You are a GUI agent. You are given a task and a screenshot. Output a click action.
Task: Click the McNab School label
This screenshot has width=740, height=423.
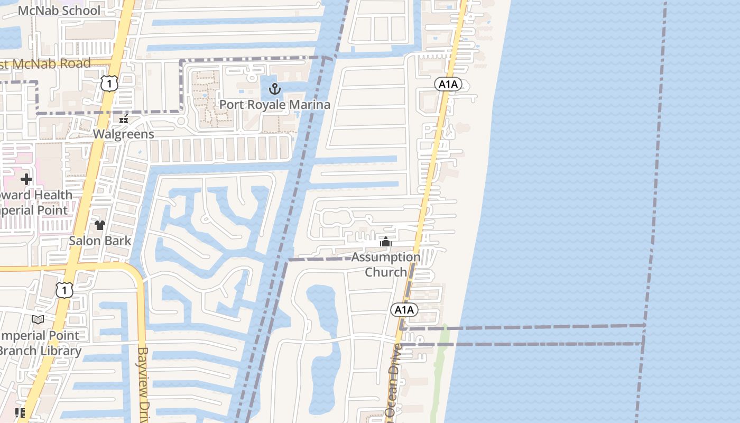pyautogui.click(x=59, y=11)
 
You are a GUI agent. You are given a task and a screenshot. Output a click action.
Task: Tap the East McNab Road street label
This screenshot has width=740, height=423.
pyautogui.click(x=45, y=64)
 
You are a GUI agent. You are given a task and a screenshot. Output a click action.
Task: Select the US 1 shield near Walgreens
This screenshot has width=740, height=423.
pyautogui.click(x=109, y=83)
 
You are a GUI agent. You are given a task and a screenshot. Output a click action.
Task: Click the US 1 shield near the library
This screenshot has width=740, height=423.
pyautogui.click(x=64, y=290)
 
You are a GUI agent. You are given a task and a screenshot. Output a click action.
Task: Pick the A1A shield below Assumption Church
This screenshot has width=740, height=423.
pyautogui.click(x=404, y=310)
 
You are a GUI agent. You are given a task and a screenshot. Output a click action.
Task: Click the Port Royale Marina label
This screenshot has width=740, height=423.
pyautogui.click(x=274, y=105)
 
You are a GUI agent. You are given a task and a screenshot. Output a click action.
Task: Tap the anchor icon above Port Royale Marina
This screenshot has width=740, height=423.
pyautogui.click(x=274, y=88)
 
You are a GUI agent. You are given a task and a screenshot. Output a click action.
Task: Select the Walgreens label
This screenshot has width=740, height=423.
pyautogui.click(x=124, y=134)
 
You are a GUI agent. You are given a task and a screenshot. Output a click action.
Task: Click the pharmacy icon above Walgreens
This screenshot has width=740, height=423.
pyautogui.click(x=124, y=119)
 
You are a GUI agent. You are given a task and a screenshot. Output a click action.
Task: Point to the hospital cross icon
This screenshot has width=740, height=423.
pyautogui.click(x=26, y=179)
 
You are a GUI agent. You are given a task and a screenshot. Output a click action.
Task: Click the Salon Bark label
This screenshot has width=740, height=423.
pyautogui.click(x=100, y=241)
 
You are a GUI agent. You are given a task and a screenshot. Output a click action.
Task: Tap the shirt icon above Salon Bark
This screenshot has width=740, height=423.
pyautogui.click(x=100, y=226)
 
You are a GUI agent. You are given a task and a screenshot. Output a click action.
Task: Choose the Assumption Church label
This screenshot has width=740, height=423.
pyautogui.click(x=386, y=264)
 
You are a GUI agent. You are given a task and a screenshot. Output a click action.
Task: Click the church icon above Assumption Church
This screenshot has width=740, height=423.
pyautogui.click(x=386, y=243)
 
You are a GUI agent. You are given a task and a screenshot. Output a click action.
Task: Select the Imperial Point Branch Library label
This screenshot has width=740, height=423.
pyautogui.click(x=40, y=343)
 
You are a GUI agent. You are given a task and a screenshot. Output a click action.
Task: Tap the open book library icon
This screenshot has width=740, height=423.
pyautogui.click(x=38, y=320)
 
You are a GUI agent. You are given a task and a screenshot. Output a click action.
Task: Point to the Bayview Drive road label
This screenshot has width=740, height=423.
pyautogui.click(x=143, y=384)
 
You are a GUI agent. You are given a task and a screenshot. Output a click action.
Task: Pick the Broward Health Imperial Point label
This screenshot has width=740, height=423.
pyautogui.click(x=34, y=203)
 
